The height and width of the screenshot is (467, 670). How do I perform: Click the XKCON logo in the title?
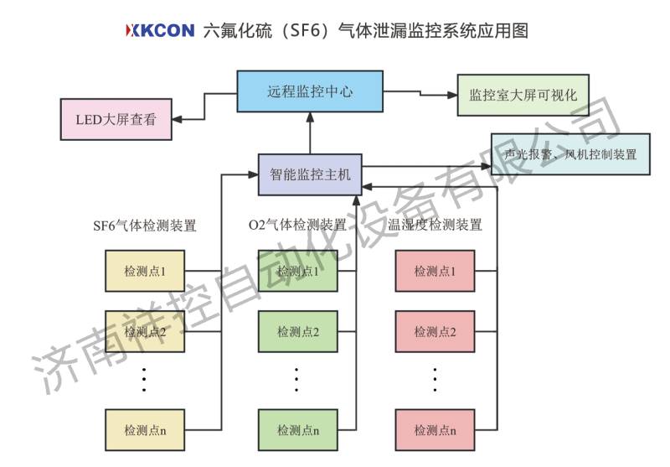click(160, 32)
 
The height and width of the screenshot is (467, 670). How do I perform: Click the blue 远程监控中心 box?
click(309, 91)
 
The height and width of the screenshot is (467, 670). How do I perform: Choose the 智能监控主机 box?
click(309, 174)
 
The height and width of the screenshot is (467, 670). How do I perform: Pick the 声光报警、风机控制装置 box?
click(570, 154)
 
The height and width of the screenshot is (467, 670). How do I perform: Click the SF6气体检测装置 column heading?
click(145, 226)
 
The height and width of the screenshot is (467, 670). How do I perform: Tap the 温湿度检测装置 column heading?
click(435, 226)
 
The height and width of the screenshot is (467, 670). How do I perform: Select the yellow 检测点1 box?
click(144, 271)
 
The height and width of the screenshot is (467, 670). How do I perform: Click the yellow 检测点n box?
click(144, 430)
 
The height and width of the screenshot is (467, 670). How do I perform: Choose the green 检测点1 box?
click(297, 271)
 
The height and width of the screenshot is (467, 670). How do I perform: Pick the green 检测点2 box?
click(297, 331)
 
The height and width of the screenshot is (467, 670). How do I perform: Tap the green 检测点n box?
click(297, 430)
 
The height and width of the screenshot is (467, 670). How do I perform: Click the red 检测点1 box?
click(435, 271)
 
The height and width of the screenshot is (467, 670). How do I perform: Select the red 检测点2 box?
click(435, 331)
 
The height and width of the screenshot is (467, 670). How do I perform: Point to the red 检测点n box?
click(435, 430)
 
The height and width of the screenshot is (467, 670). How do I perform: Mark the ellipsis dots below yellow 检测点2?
click(144, 379)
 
